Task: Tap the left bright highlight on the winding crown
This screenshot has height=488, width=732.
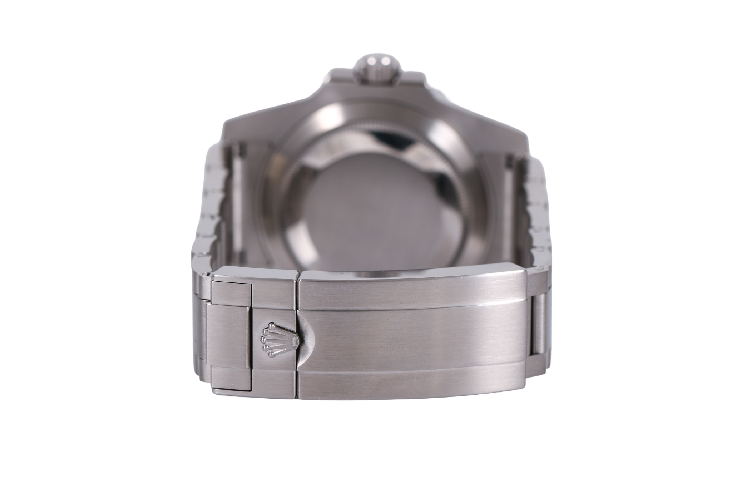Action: coord(365,64)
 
